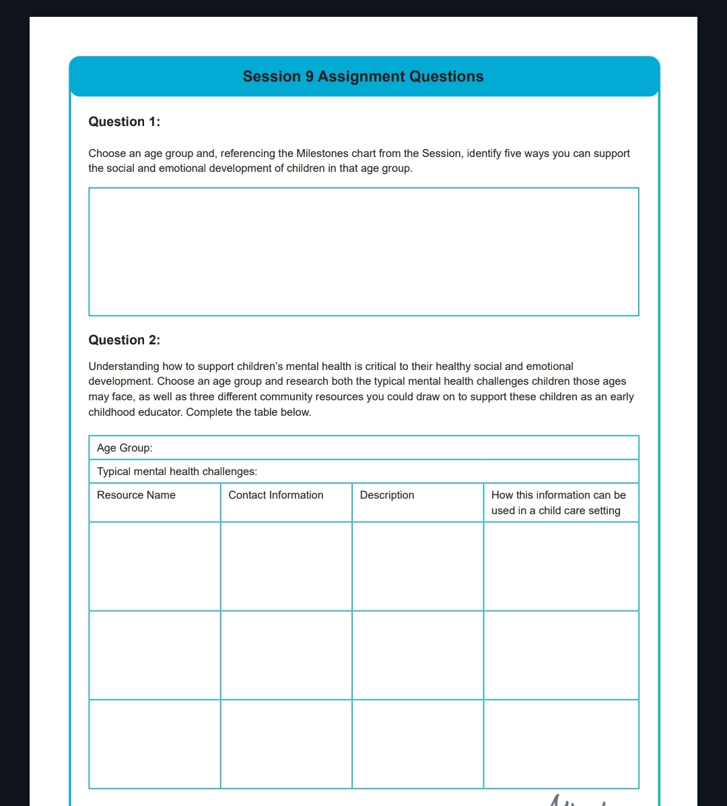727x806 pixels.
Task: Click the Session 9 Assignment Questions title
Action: click(363, 77)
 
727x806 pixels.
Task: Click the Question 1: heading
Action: click(125, 122)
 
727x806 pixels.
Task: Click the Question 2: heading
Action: click(125, 340)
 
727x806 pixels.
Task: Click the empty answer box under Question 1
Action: click(363, 251)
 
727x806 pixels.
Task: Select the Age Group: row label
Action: click(125, 448)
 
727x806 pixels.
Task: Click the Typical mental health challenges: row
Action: click(177, 472)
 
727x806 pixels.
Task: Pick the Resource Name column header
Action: click(137, 495)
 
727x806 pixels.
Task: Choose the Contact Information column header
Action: click(276, 495)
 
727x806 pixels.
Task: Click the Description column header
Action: click(387, 495)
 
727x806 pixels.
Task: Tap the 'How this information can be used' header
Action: click(558, 503)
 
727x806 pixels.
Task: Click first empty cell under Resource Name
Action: click(155, 567)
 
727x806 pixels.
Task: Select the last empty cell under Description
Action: click(417, 744)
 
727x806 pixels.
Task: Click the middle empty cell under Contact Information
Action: click(286, 655)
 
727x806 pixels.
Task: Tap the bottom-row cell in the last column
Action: click(561, 744)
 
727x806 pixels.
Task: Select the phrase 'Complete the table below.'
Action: click(248, 412)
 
